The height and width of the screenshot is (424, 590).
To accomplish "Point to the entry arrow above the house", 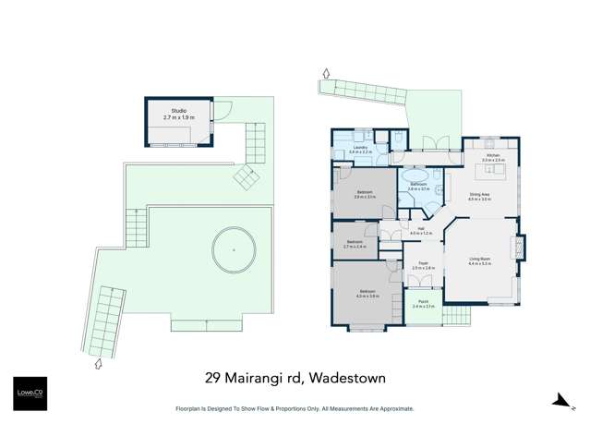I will coord(325,73).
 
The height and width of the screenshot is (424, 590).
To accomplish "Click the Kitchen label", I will coord(492,157).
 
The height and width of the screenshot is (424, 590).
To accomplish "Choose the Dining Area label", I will coord(479,196).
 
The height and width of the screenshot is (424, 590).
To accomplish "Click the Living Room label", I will coord(480,261).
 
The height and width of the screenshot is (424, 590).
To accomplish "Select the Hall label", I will coord(420,231).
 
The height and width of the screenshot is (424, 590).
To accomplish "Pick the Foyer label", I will coord(422,265).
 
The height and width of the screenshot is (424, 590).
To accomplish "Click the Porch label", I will coord(423,304).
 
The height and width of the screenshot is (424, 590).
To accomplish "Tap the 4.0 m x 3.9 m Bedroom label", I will coord(367,294).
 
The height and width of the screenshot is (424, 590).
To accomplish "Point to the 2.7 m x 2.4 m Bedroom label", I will coord(355,245).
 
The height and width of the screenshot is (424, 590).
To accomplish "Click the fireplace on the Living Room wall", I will coord(523,248).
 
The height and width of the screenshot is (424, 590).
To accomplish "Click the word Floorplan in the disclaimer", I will coord(191,408).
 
